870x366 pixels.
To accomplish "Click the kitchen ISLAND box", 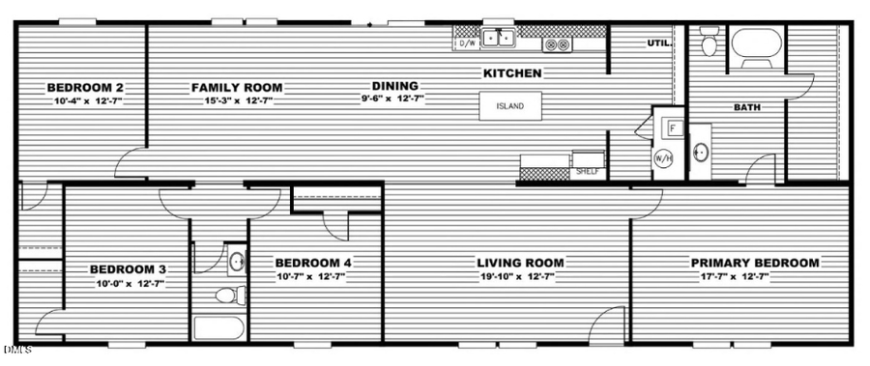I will click(x=510, y=105).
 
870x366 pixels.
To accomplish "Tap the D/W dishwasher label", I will click(x=467, y=43).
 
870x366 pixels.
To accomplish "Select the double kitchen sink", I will click(x=499, y=40).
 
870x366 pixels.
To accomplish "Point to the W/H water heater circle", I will click(x=664, y=158).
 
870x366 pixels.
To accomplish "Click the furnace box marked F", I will click(x=673, y=127).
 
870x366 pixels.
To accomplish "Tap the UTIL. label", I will click(x=658, y=43).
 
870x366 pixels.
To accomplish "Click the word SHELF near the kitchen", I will click(x=587, y=171).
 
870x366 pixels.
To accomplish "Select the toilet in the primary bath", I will click(x=710, y=42).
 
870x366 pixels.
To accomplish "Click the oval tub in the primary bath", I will click(x=756, y=44).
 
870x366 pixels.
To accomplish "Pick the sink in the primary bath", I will click(x=701, y=153).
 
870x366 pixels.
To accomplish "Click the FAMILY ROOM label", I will click(x=237, y=88).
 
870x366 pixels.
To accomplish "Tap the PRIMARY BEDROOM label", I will click(x=754, y=263).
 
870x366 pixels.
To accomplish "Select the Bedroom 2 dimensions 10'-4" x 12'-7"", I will click(x=84, y=100).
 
